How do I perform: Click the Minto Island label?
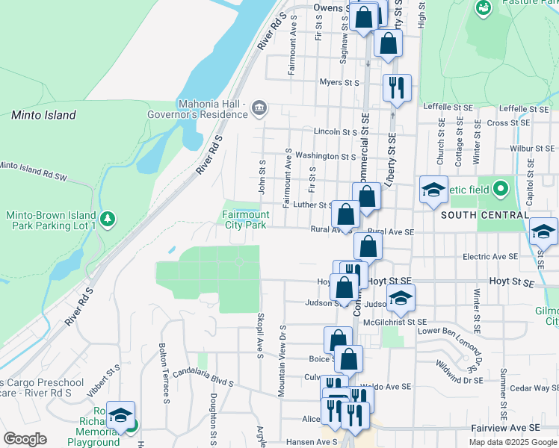[43, 115]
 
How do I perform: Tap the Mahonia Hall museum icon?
[259, 108]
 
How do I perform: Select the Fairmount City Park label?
[245, 220]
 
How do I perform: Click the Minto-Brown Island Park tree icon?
[109, 219]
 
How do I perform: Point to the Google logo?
[25, 439]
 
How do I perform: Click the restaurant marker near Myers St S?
[396, 88]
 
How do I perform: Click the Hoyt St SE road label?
[512, 282]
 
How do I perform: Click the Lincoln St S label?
[336, 131]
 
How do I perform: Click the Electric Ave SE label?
[490, 256]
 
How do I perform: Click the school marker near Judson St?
[401, 298]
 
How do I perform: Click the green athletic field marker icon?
[501, 187]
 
